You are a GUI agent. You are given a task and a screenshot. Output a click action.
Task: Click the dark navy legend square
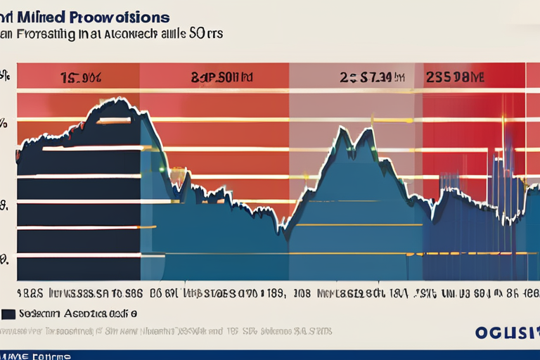click(9, 313)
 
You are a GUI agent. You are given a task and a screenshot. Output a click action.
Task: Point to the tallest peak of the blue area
click(368, 131)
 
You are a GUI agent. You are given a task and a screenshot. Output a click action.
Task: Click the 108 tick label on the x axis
click(304, 291)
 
